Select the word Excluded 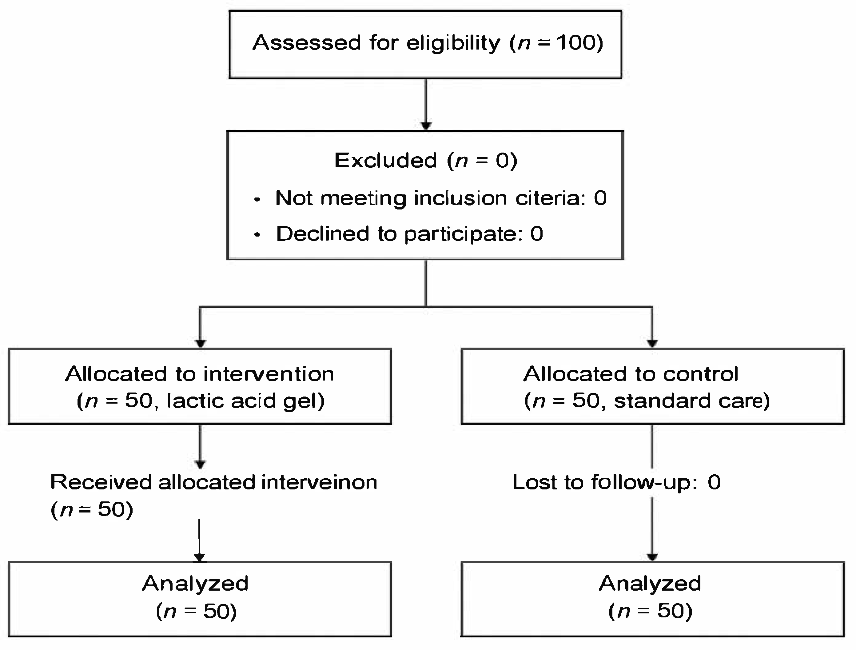(x=385, y=160)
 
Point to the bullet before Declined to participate (x=257, y=235)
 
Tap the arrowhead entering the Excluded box (x=426, y=126)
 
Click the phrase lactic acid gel (x=245, y=401)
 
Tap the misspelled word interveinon (x=319, y=482)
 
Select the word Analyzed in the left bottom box (x=195, y=584)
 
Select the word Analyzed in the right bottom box (x=650, y=584)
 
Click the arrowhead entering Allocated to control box (x=652, y=343)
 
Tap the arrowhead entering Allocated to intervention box (x=201, y=343)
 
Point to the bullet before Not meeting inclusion (x=257, y=200)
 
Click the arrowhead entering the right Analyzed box (x=652, y=557)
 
